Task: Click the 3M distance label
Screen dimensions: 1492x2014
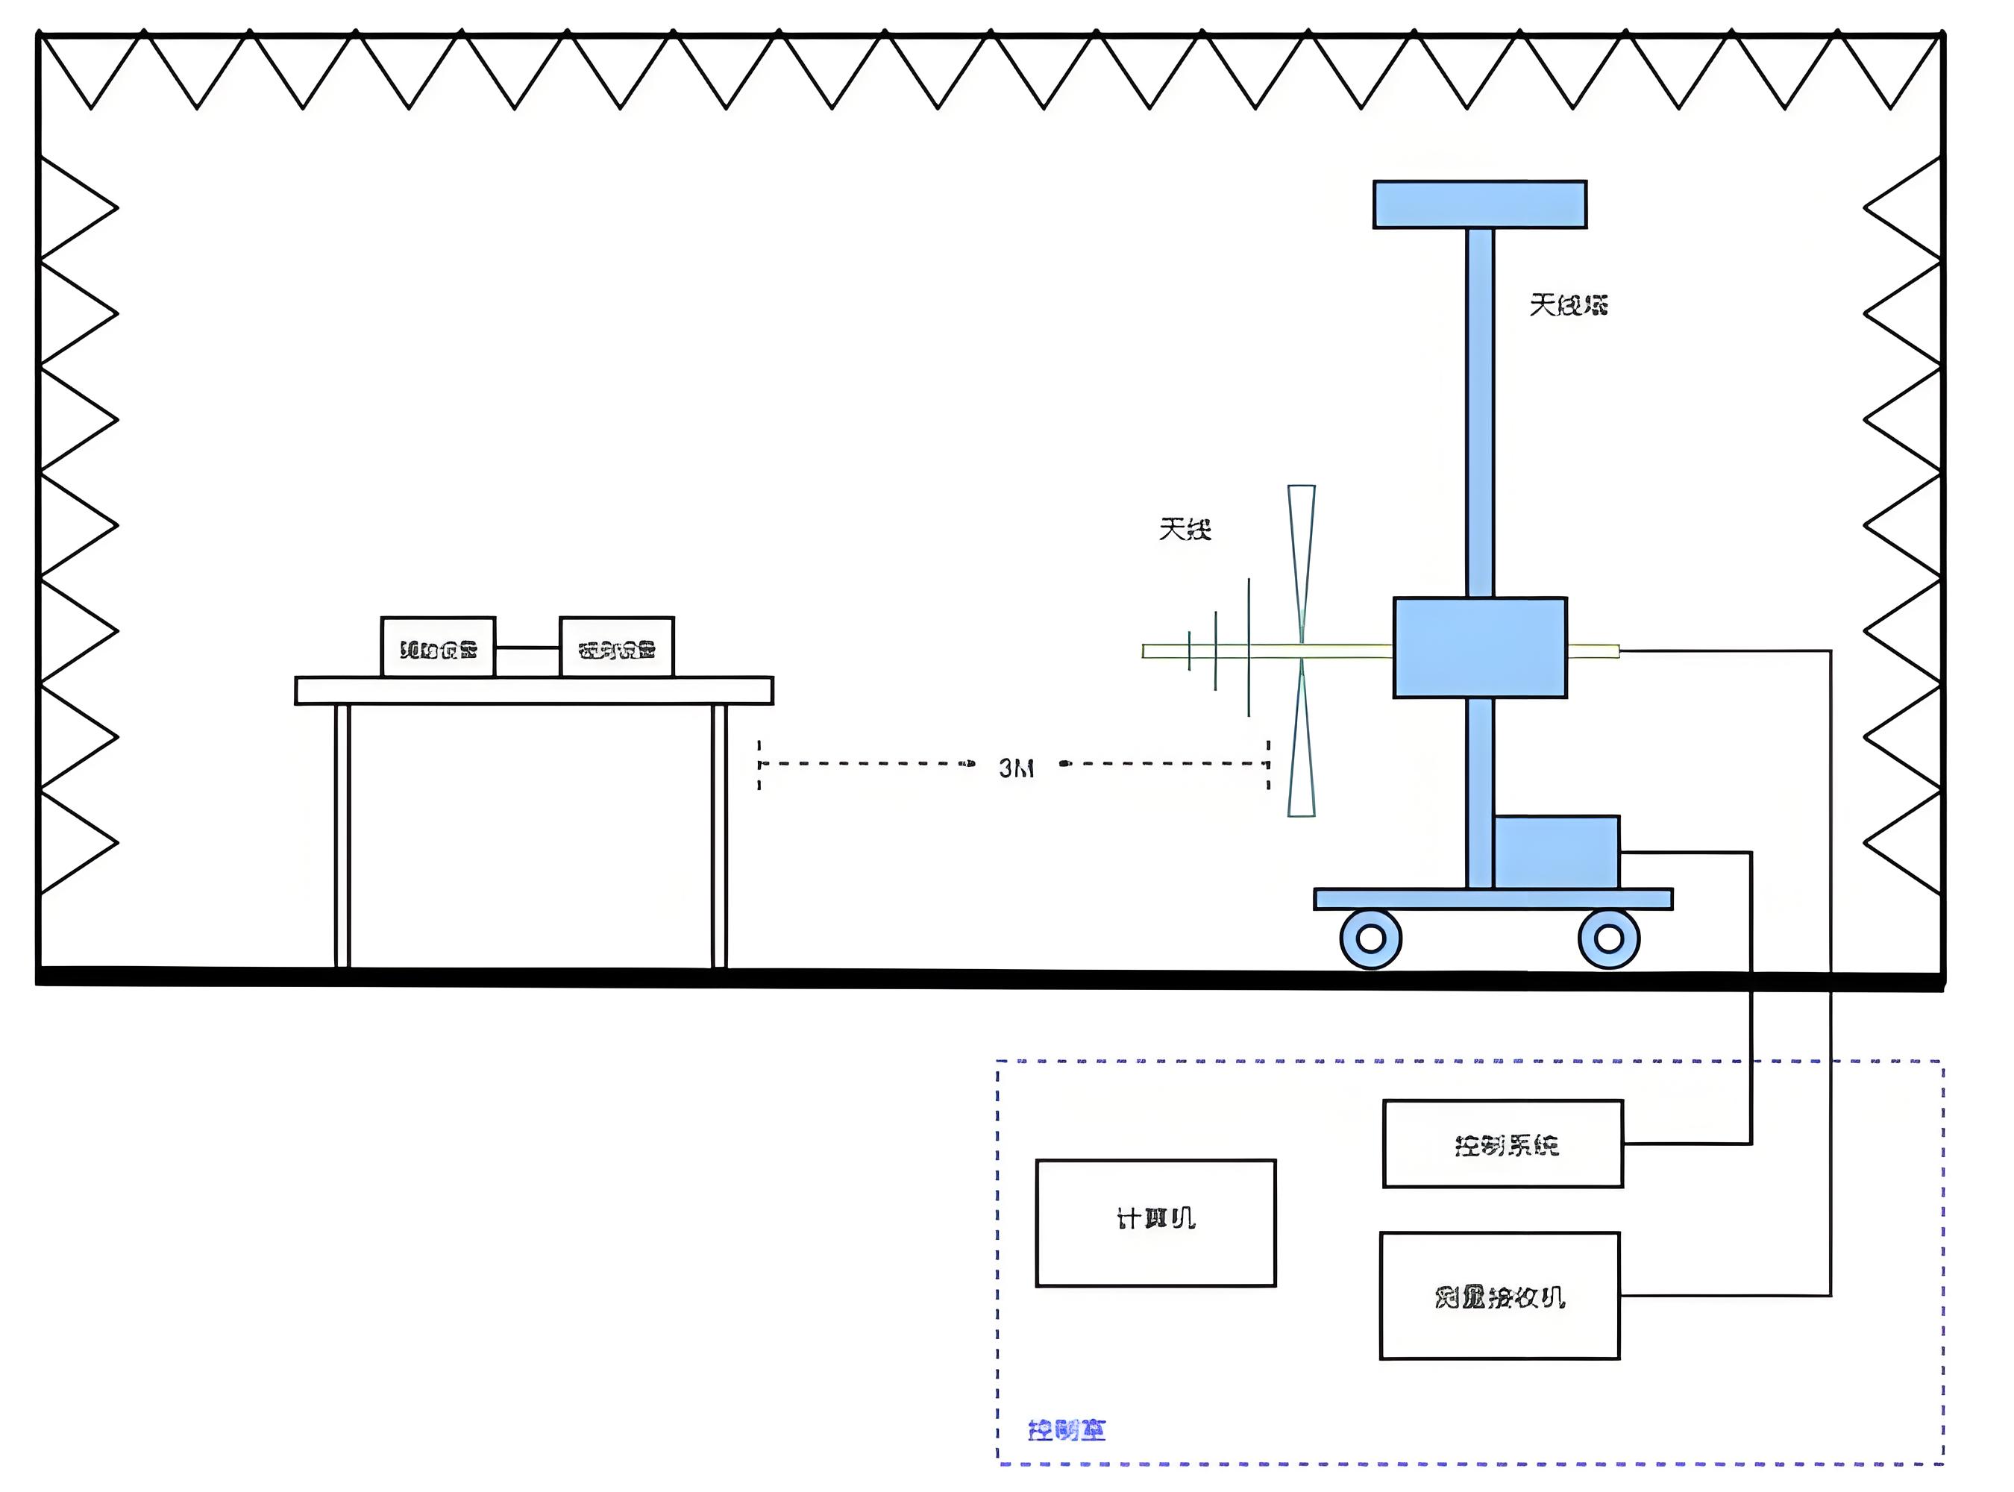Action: (1016, 768)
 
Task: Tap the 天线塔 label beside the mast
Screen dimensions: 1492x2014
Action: (1568, 305)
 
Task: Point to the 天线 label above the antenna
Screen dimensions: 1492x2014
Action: (1185, 528)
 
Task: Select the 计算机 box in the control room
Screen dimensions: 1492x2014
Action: (1155, 1222)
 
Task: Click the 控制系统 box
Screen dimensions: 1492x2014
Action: (1503, 1144)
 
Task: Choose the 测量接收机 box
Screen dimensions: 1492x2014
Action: (1499, 1296)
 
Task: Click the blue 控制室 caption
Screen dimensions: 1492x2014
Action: (1067, 1429)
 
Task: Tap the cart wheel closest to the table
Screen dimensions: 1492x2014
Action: (1370, 939)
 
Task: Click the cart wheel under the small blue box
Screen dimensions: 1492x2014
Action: (1608, 939)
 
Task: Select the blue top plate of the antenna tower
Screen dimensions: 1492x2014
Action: (1479, 205)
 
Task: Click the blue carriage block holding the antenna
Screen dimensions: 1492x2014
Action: (1479, 648)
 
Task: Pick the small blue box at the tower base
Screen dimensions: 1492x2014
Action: (1556, 853)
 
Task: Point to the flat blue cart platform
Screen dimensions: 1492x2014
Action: (1493, 899)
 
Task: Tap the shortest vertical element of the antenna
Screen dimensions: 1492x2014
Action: (1190, 651)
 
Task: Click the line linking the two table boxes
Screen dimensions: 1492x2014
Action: (527, 648)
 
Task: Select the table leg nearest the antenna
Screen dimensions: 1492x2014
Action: (719, 836)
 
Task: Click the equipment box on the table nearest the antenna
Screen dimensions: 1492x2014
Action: (617, 647)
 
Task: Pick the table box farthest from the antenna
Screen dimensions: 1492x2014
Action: (438, 647)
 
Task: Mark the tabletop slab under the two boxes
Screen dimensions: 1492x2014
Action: (534, 691)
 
